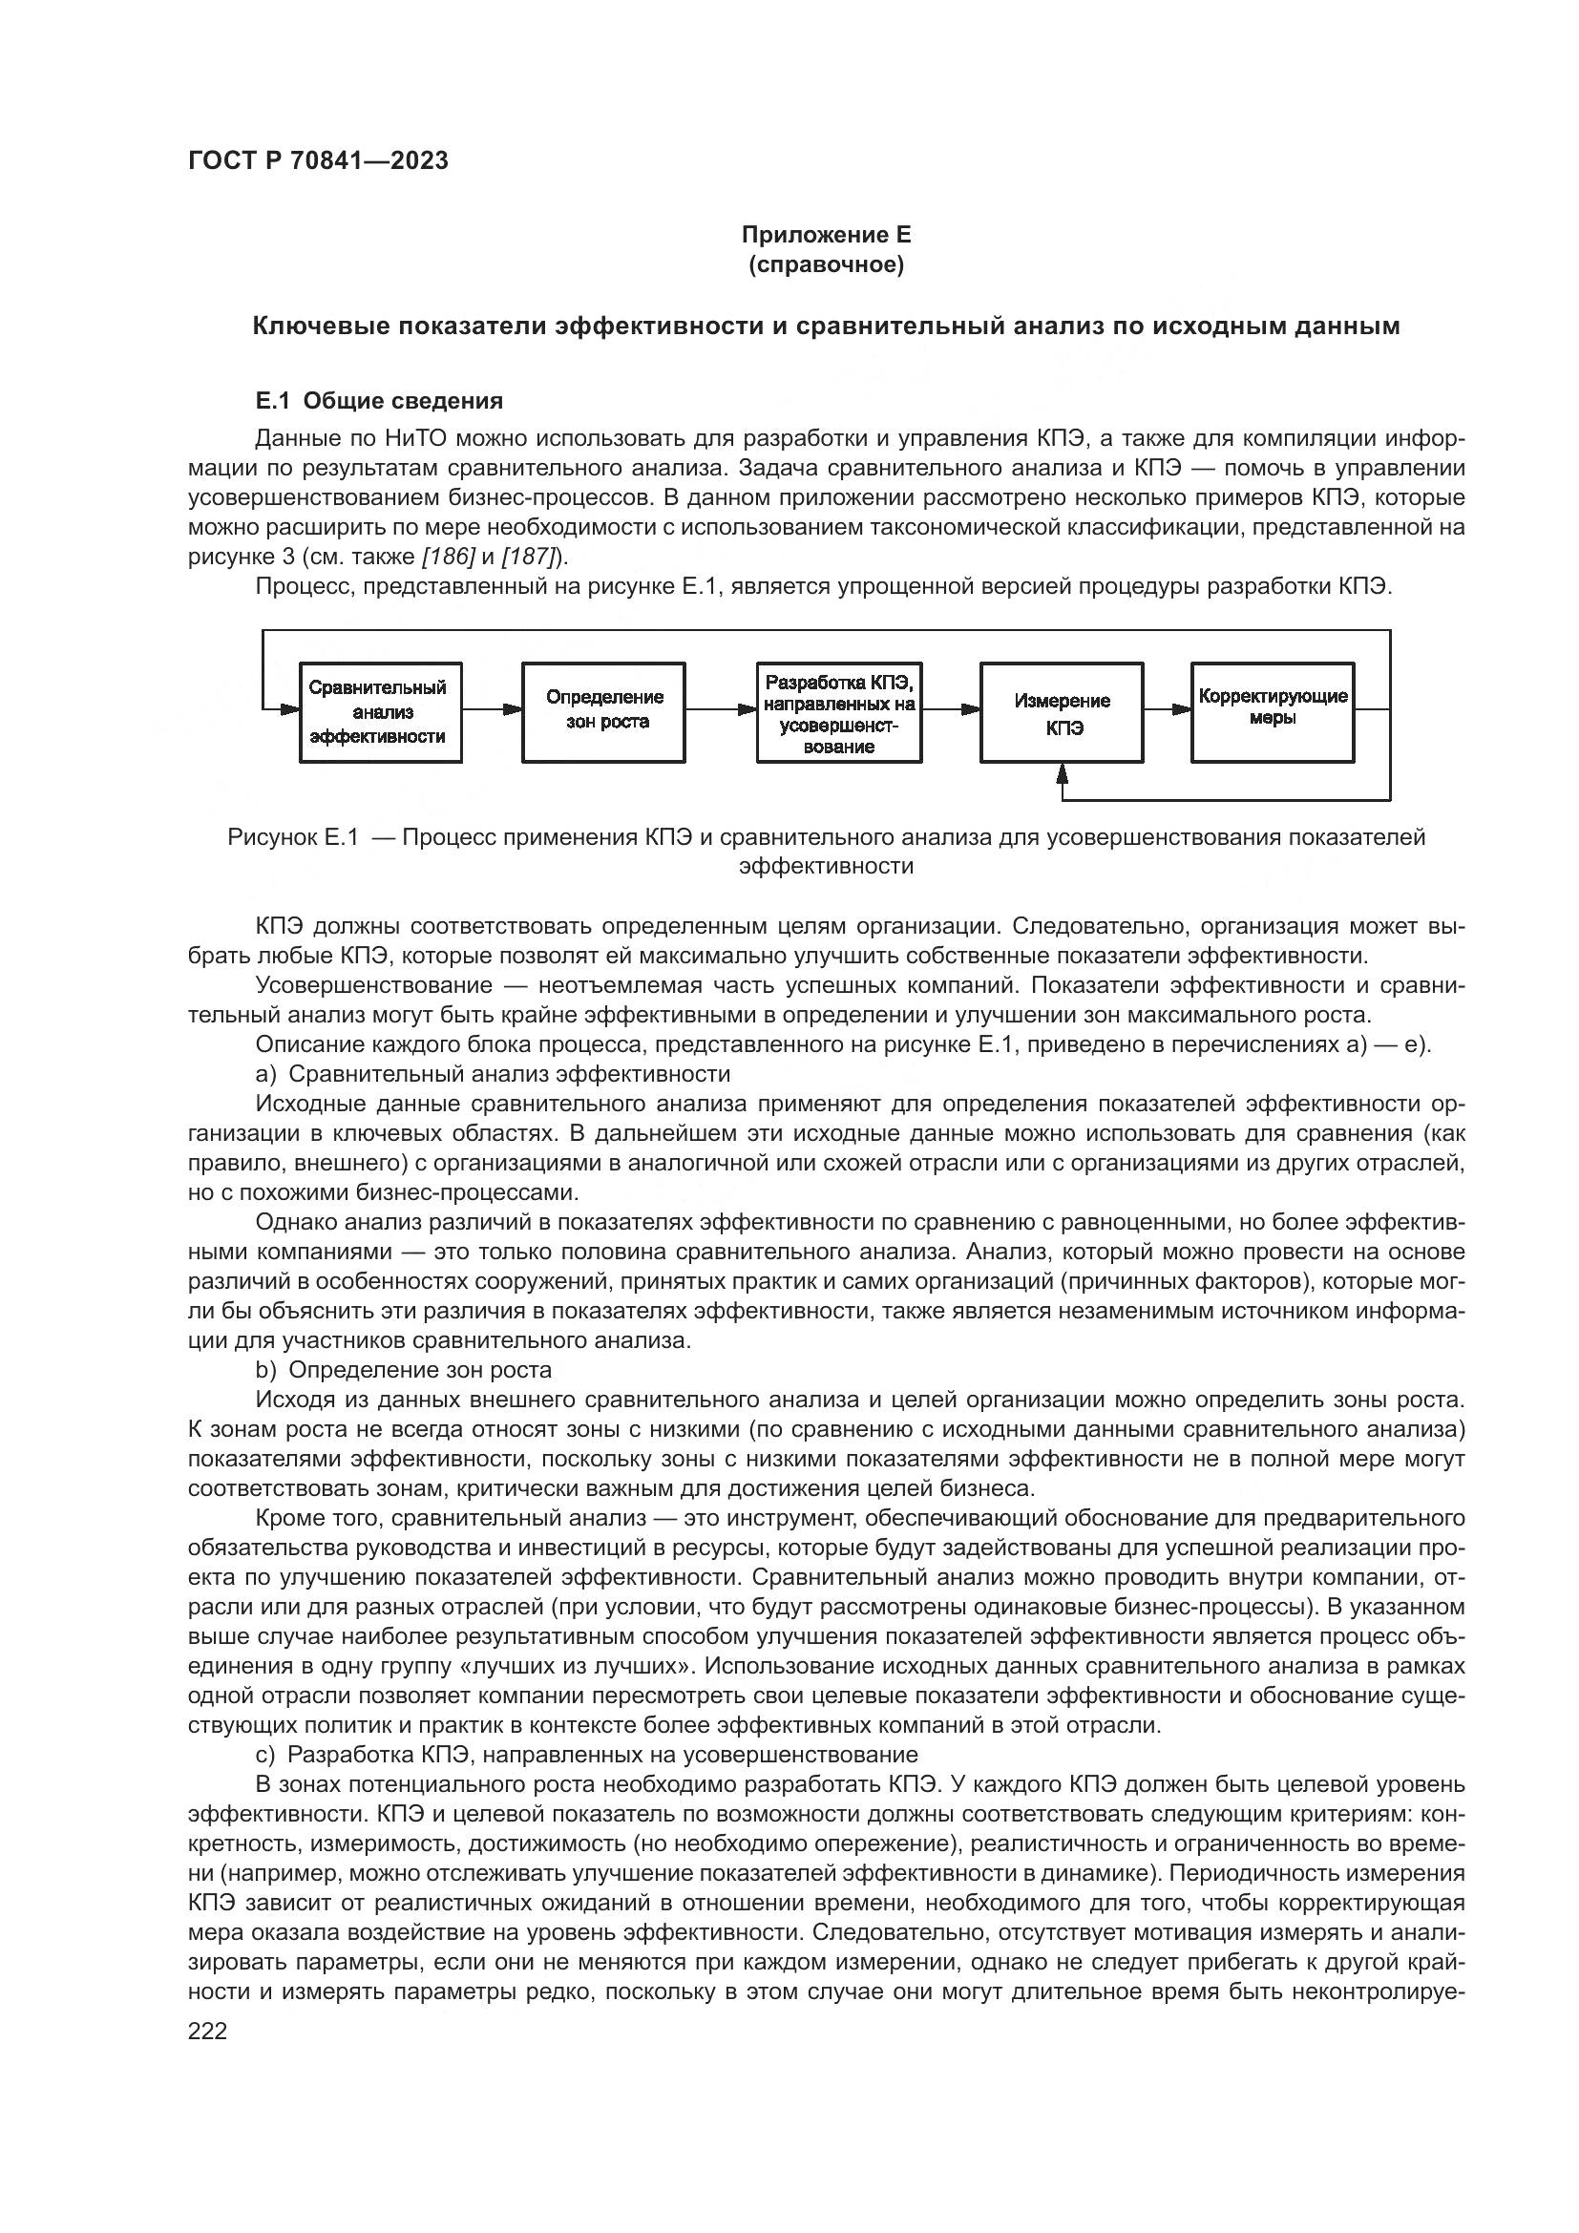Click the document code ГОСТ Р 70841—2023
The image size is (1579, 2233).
[318, 161]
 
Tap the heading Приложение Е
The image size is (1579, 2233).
[826, 235]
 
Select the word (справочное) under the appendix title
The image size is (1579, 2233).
[826, 264]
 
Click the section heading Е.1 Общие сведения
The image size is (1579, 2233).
[378, 401]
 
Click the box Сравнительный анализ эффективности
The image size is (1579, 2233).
[380, 712]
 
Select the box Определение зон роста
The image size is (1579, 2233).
[603, 712]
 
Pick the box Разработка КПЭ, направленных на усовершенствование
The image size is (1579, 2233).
[839, 712]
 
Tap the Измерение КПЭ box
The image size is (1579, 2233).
[1062, 712]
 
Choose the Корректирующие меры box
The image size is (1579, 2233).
[1272, 712]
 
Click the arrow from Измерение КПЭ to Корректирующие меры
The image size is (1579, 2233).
[1167, 709]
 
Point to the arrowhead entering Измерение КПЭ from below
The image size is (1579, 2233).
[1062, 772]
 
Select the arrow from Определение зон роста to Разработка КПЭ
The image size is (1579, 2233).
[721, 709]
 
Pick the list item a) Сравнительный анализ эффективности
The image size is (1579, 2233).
[492, 1074]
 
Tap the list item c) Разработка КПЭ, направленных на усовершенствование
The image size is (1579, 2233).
[586, 1755]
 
